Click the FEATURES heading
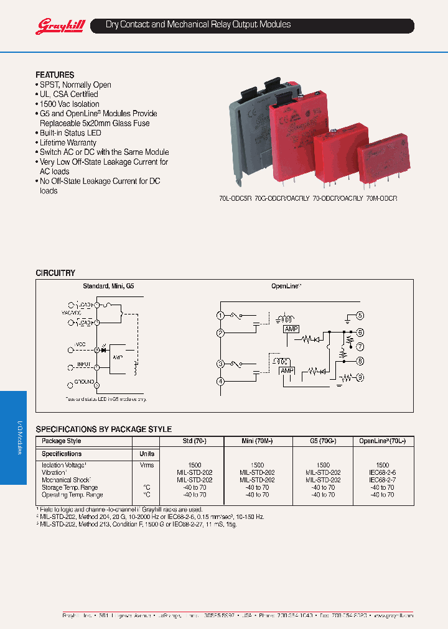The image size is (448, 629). click(55, 75)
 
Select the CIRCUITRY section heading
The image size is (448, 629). click(55, 273)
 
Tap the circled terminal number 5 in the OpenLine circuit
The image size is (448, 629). click(360, 316)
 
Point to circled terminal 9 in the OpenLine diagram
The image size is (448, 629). click(360, 377)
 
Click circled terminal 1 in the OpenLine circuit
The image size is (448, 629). click(220, 316)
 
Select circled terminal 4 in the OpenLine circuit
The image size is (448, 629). click(220, 381)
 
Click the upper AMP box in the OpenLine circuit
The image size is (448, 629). click(291, 328)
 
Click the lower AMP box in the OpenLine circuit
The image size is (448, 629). click(287, 370)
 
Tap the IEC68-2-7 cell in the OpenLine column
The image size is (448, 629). click(382, 480)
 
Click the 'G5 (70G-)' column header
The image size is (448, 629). click(322, 441)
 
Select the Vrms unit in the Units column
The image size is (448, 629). click(147, 465)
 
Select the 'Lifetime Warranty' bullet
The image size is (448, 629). click(68, 142)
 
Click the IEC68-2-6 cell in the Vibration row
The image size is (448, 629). click(382, 472)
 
